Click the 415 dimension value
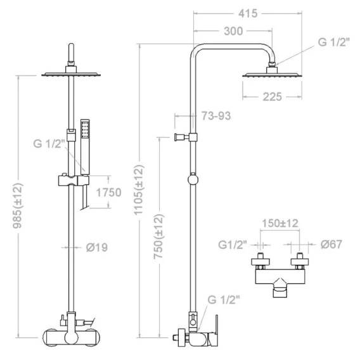point(248,13)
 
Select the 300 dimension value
point(233,31)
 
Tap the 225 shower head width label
point(272,97)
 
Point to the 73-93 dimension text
point(216,116)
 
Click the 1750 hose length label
point(108,192)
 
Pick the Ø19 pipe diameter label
point(97,247)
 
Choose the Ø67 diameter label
point(331,244)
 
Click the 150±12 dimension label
point(280,223)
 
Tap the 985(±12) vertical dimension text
point(18,206)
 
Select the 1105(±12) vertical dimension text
point(139,190)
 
